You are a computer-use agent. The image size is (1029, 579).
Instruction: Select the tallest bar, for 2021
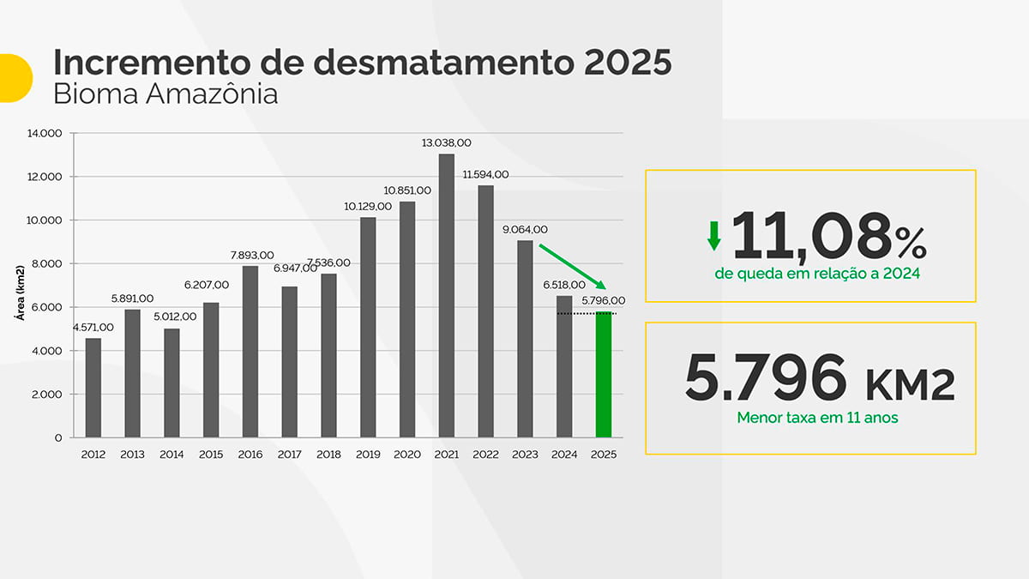coord(446,296)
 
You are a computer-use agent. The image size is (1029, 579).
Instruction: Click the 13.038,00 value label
coord(446,142)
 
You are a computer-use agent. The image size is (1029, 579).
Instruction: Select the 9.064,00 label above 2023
coord(525,229)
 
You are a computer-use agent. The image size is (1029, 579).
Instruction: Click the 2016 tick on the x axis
coord(250,455)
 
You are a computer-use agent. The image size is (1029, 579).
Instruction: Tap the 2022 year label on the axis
coord(485,455)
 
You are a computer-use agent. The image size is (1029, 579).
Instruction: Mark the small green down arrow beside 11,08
coord(713,235)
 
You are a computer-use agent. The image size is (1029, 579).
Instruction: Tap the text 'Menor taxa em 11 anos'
coord(809,419)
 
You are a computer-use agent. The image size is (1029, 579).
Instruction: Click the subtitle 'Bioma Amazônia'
coord(165,94)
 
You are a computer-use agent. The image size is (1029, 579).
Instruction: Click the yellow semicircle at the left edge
coord(13,77)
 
